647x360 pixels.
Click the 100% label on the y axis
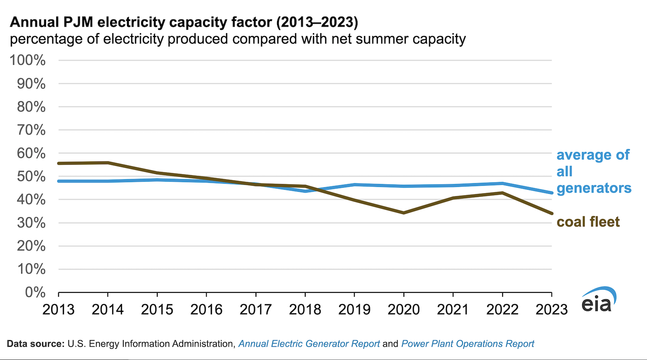click(27, 60)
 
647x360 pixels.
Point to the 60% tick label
click(31, 153)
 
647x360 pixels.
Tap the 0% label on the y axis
click(35, 292)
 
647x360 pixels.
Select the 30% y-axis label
click(31, 222)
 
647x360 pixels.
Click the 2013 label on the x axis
click(59, 310)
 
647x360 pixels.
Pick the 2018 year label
click(305, 310)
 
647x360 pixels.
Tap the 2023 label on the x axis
click(552, 310)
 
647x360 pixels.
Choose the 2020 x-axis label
click(404, 310)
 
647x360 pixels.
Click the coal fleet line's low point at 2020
click(404, 213)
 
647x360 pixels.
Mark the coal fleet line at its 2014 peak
click(108, 163)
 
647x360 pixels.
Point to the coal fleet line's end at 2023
click(552, 214)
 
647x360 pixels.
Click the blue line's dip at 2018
click(305, 191)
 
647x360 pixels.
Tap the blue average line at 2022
click(502, 184)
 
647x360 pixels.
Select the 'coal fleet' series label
click(588, 222)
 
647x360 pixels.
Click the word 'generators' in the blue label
click(594, 188)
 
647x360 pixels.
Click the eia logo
click(598, 300)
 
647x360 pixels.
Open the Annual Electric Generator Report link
click(309, 344)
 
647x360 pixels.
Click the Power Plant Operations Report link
click(467, 344)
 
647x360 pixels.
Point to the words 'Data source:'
click(36, 344)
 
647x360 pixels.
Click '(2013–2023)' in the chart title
click(317, 22)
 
